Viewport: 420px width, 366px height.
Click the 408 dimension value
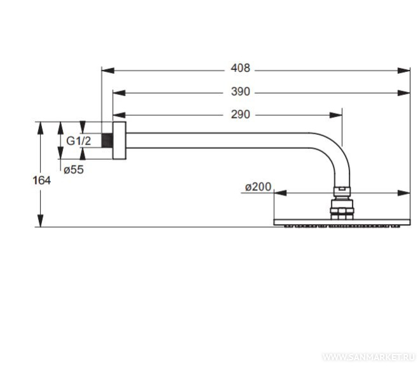coord(241,68)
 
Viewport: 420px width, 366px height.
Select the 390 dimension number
coord(241,92)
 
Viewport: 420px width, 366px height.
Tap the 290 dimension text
coord(241,115)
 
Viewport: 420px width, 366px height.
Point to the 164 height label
coord(41,180)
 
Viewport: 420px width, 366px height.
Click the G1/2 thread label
coord(78,141)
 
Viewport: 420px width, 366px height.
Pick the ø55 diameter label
coord(74,169)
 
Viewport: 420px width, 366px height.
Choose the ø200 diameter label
coord(258,187)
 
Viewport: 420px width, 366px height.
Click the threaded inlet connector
coord(107,140)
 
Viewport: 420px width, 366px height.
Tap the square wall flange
coord(119,141)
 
